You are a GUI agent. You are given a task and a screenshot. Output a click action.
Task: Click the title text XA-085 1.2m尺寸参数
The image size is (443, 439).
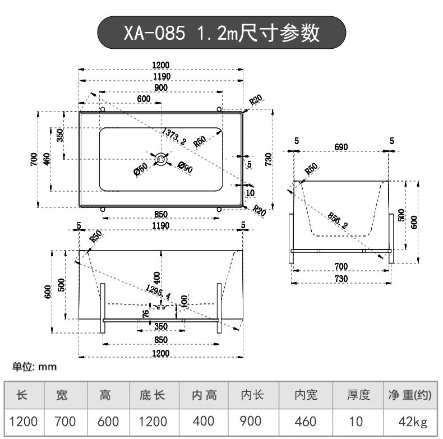(x=221, y=33)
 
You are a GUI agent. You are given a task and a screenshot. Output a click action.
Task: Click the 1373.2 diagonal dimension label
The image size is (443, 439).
(x=174, y=136)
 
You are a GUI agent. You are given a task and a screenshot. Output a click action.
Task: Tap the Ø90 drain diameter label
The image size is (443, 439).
(x=186, y=167)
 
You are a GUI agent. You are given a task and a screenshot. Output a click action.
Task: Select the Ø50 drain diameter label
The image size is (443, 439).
(x=141, y=169)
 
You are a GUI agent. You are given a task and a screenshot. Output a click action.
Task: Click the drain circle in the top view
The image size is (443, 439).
(x=161, y=159)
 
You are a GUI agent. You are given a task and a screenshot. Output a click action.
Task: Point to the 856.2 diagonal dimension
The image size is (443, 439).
(x=338, y=220)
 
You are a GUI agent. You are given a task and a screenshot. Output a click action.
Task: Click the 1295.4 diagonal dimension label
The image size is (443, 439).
(x=158, y=292)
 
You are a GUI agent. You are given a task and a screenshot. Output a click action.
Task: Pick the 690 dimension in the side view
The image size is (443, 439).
(x=341, y=147)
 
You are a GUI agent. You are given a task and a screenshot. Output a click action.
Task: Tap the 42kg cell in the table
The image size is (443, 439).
(x=413, y=422)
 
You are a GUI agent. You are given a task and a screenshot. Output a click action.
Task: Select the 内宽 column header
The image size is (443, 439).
(x=306, y=395)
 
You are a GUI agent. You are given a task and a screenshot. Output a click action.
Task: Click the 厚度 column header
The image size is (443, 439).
(x=358, y=395)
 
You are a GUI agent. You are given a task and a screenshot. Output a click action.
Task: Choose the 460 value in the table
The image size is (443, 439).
(x=306, y=422)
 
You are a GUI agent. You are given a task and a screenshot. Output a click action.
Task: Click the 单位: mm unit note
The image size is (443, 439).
(x=34, y=367)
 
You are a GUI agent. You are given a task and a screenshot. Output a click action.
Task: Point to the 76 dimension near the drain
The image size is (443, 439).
(x=145, y=313)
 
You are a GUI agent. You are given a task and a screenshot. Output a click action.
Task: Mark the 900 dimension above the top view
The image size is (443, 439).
(x=161, y=87)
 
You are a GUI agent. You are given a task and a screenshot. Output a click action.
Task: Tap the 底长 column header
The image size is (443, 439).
(x=152, y=395)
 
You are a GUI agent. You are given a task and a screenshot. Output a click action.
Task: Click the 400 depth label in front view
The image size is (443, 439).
(x=156, y=278)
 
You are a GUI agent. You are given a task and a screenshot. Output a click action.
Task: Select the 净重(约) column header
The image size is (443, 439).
(x=410, y=395)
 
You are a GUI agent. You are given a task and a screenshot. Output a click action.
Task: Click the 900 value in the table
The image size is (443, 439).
(x=250, y=421)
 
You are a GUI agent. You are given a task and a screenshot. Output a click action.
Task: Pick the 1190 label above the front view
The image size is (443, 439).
(x=161, y=225)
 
